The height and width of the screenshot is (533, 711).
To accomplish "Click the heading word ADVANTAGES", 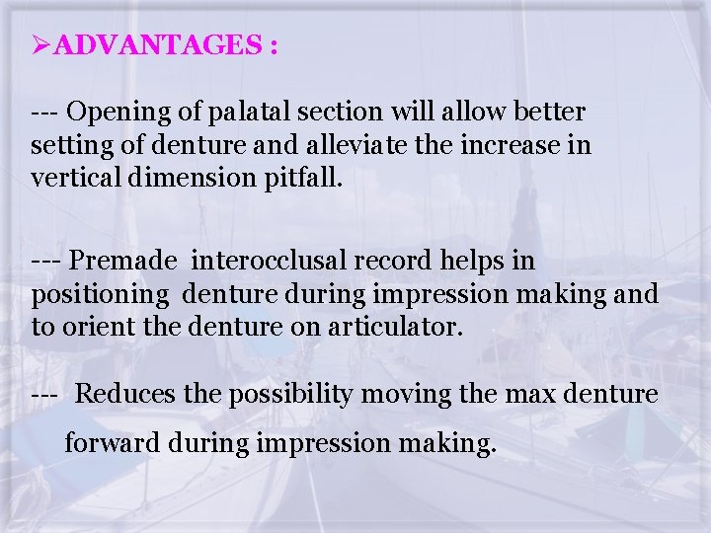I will (x=155, y=46).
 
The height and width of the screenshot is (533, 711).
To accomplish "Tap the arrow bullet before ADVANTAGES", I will (x=40, y=46).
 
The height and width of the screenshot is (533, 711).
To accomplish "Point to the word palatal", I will (x=236, y=112).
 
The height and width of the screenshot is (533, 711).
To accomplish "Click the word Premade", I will (x=124, y=261).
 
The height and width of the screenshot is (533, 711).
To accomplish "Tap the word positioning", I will (x=102, y=295).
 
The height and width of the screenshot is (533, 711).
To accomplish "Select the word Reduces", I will (x=126, y=395).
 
